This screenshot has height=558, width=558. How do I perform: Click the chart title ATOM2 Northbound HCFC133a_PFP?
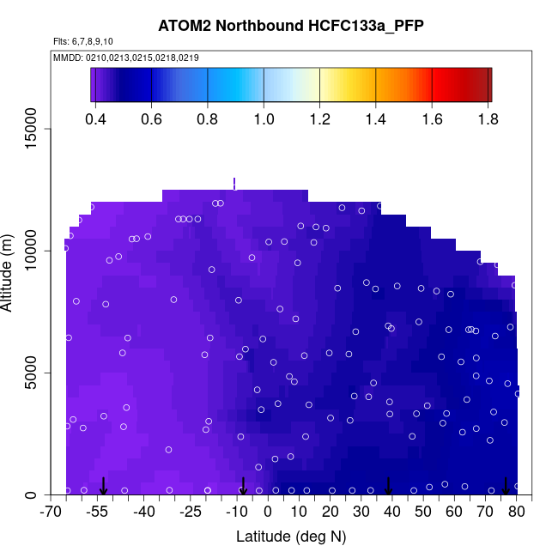(x=278, y=25)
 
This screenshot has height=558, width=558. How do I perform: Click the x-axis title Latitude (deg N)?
(x=290, y=537)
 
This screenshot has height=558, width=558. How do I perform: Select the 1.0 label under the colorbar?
(x=264, y=118)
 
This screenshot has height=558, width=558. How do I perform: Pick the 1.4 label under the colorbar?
(x=375, y=118)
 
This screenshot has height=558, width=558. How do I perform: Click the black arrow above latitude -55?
(x=103, y=487)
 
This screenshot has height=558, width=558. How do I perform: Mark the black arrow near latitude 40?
(x=389, y=487)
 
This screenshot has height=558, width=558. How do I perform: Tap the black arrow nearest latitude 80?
(x=506, y=487)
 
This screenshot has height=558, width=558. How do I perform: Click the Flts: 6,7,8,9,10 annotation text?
(x=82, y=41)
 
